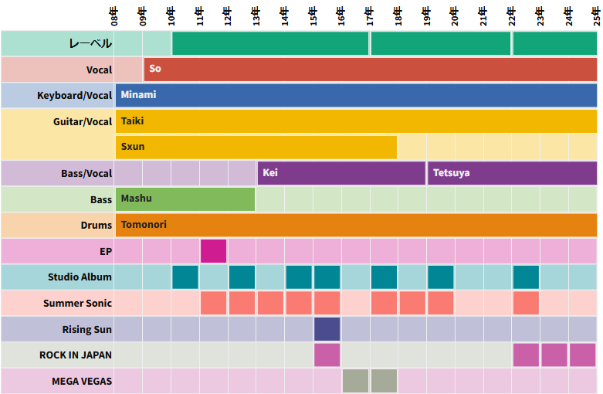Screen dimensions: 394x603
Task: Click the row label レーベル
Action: (90, 44)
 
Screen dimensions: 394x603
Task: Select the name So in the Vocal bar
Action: (155, 69)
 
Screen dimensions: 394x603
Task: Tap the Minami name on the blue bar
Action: (138, 95)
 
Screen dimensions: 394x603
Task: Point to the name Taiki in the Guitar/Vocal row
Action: (132, 121)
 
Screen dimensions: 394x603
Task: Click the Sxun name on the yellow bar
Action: (133, 147)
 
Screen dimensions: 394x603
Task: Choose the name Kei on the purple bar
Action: (270, 173)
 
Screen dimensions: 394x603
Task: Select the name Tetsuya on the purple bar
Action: (451, 173)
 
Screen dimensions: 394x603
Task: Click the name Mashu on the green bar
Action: (136, 199)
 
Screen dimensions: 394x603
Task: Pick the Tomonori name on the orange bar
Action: (144, 225)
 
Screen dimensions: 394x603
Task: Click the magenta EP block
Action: (214, 251)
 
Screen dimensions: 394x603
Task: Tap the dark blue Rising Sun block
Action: (327, 329)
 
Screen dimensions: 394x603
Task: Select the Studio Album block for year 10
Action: (185, 277)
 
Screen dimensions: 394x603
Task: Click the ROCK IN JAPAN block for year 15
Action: (327, 355)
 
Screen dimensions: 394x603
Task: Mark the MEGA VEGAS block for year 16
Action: (355, 381)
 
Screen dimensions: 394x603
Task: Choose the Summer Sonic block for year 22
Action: (526, 303)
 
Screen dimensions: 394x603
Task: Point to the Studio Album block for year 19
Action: (441, 277)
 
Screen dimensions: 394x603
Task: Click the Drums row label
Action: (97, 225)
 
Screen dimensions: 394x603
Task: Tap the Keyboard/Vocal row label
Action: (74, 96)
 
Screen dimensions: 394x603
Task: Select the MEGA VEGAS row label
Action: (82, 382)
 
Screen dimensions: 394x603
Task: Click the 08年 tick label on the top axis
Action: (114, 15)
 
